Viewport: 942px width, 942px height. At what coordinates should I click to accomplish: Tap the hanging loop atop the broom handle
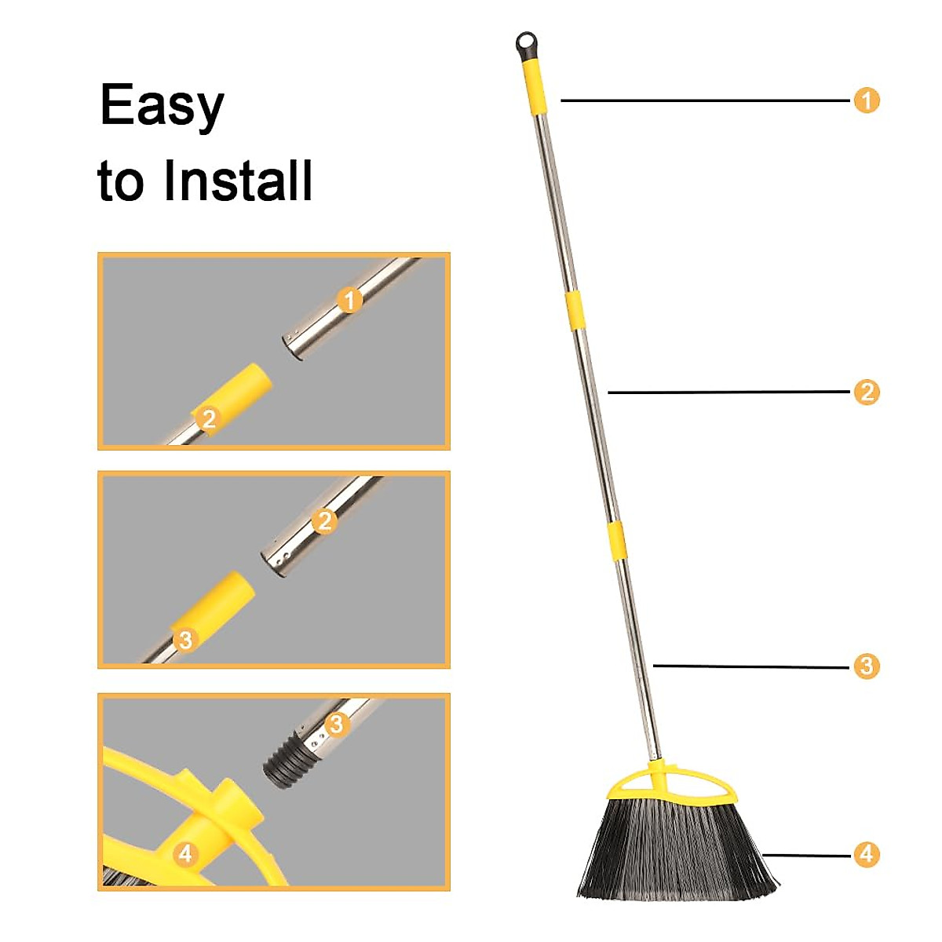tap(527, 43)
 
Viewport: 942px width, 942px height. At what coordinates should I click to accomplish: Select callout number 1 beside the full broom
tap(866, 100)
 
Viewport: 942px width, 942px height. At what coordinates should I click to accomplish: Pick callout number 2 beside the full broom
tap(866, 392)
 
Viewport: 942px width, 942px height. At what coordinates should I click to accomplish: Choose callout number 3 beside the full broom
tap(866, 666)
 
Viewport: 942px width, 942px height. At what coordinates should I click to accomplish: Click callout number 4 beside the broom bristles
tap(866, 854)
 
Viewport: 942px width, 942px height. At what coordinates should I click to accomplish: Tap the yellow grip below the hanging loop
tap(534, 86)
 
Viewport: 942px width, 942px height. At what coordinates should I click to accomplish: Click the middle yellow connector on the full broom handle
tap(575, 310)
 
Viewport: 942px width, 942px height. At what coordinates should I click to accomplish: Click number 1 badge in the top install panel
tap(349, 300)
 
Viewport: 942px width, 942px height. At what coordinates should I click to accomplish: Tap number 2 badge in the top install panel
tap(208, 418)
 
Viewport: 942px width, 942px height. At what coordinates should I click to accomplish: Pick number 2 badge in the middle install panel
tap(324, 520)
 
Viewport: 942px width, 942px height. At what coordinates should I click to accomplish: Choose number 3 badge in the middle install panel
tap(185, 639)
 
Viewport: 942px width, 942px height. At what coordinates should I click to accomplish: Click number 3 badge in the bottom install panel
tap(337, 723)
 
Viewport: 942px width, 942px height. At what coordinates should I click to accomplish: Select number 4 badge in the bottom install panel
tap(185, 853)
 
